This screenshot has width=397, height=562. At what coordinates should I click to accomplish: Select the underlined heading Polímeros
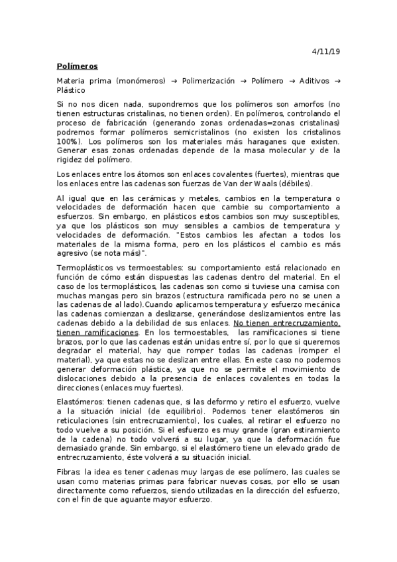(x=77, y=66)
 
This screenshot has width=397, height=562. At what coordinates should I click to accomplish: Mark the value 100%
(x=70, y=141)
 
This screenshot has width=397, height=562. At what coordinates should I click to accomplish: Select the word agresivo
(x=74, y=254)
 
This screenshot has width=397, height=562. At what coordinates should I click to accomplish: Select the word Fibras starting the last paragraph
(x=68, y=472)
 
